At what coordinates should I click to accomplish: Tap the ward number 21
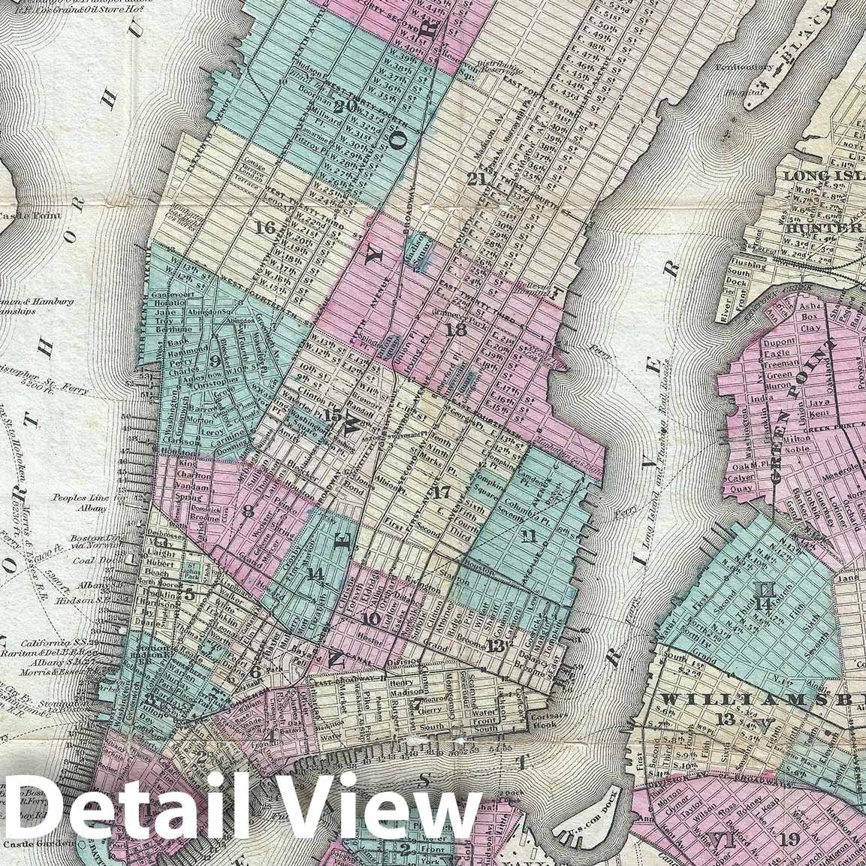coord(476,179)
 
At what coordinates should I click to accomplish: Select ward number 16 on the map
coord(264,228)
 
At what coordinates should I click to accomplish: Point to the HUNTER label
coord(824,227)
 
